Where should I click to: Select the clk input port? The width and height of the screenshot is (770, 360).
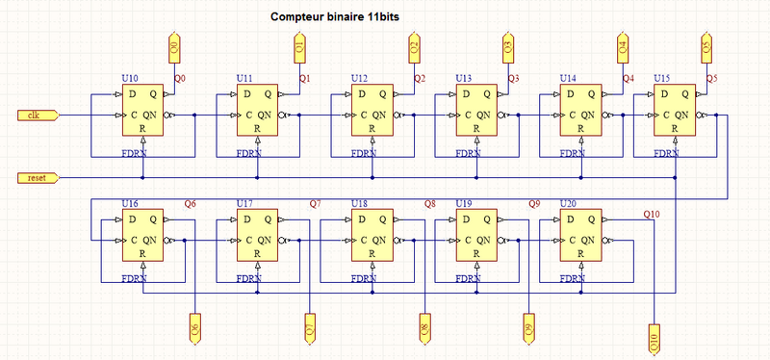point(38,116)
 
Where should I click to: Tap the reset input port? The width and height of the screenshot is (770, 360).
point(38,178)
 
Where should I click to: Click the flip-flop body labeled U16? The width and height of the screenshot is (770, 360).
point(142,235)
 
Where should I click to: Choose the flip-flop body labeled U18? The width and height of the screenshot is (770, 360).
point(373,235)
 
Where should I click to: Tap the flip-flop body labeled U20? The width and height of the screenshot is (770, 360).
point(582,235)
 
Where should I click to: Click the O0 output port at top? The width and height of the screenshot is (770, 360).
point(173,45)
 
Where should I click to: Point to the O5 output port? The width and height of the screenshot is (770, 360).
point(706,45)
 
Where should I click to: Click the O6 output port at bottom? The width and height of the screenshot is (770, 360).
point(195,328)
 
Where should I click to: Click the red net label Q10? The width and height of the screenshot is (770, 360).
point(652,214)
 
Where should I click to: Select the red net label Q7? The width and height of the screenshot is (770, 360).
point(316,204)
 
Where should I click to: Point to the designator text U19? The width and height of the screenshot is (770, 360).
point(463,204)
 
